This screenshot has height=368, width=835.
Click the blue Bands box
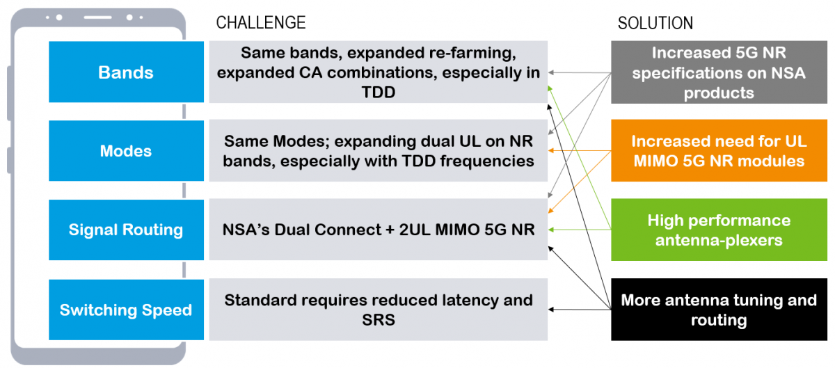(126, 72)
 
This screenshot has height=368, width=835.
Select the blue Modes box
(126, 151)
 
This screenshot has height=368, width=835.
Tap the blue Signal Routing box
(126, 230)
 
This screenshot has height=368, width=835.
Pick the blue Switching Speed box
(126, 310)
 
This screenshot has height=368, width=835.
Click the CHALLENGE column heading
(261, 22)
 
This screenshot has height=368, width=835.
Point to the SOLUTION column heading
(655, 24)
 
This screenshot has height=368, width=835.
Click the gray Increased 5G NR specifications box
(719, 72)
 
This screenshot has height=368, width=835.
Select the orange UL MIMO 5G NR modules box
(719, 151)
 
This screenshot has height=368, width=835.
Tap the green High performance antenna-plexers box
(719, 230)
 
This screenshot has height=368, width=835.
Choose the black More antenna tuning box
(719, 310)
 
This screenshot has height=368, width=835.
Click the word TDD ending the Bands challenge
(379, 91)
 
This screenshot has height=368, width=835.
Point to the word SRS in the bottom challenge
(379, 319)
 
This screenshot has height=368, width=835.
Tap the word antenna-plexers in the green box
(719, 241)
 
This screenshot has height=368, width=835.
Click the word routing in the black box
(719, 320)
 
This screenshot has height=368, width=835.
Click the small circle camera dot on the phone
(59, 17)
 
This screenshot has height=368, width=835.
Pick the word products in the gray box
(719, 93)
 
